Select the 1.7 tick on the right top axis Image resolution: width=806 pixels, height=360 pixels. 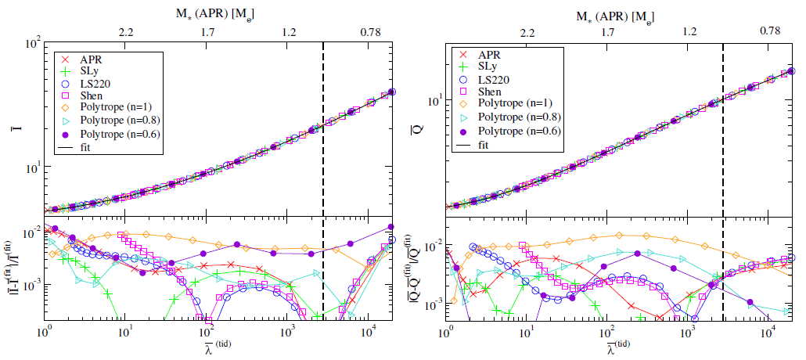pos(608,32)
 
